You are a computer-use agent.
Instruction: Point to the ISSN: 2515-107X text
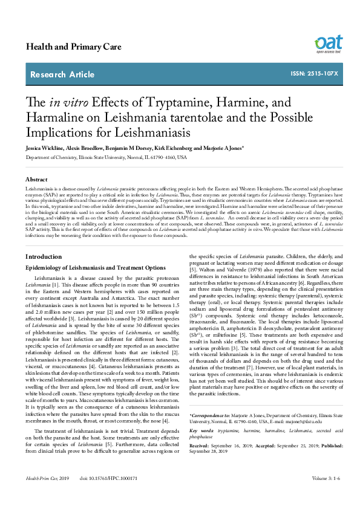point(314,74)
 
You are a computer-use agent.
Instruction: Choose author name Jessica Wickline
point(44,148)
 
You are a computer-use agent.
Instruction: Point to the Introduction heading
point(44,257)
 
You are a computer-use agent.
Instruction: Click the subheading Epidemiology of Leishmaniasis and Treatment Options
point(95,267)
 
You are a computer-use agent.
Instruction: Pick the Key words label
point(201,430)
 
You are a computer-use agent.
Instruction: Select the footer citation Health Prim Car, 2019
point(48,495)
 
